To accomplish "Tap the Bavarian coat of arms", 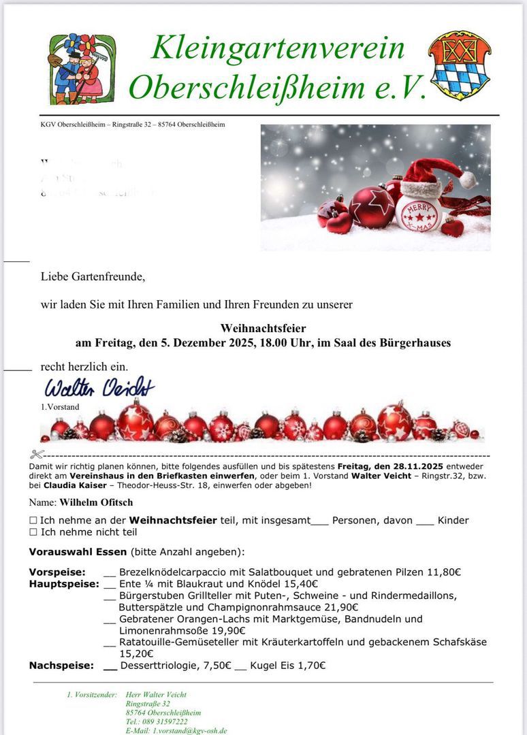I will click(x=460, y=65).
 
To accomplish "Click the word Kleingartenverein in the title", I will click(x=278, y=48).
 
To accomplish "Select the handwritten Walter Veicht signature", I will click(x=99, y=388).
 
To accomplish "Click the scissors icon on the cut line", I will click(x=37, y=454).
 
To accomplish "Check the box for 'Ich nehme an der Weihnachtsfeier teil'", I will click(x=33, y=521).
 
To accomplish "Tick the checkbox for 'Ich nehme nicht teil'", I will click(x=33, y=532).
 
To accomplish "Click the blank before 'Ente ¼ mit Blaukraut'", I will click(x=110, y=584).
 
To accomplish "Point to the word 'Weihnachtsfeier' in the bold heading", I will click(x=263, y=328).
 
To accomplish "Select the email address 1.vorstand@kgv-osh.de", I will click(x=190, y=730).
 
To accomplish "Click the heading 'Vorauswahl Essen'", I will click(x=78, y=552).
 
